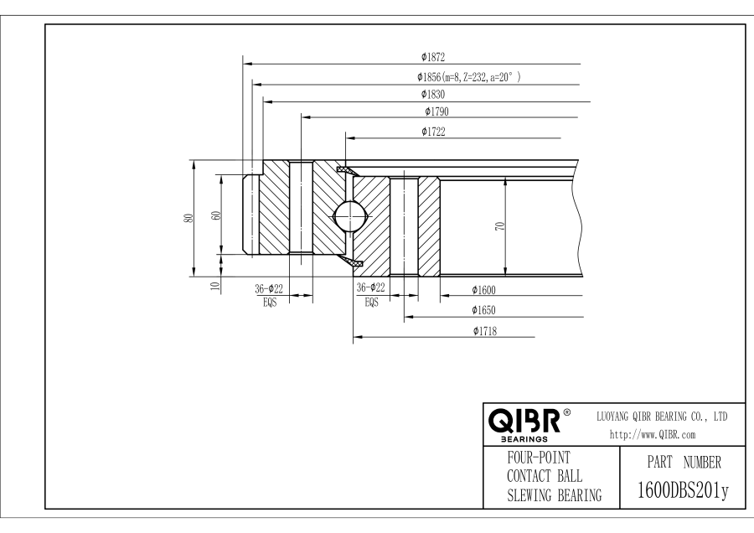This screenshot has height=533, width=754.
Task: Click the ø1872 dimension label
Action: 433,58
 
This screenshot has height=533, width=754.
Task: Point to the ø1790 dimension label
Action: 437,111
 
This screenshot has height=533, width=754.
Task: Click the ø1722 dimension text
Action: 433,131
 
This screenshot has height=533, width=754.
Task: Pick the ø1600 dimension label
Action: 483,290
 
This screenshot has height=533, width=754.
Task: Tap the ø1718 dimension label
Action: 486,330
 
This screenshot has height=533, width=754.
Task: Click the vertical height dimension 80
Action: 191,217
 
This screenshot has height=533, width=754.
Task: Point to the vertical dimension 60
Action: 217,215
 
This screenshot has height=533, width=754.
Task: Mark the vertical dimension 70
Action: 500,226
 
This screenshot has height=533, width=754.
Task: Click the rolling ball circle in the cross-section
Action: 349,217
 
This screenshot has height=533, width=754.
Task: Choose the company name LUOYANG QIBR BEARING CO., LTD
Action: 661,416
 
